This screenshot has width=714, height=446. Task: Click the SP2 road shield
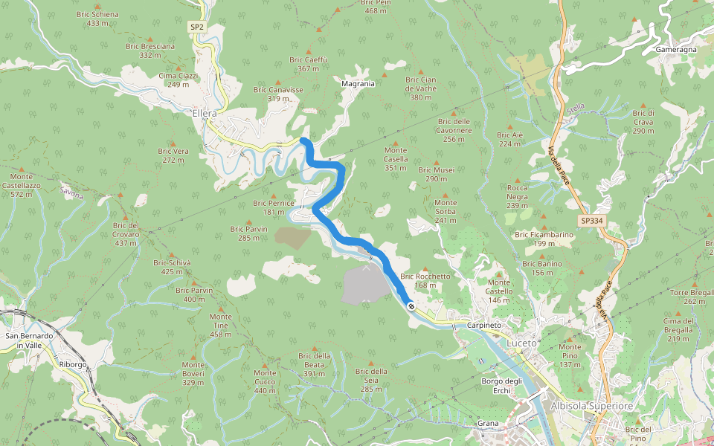196,27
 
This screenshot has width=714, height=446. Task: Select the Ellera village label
204,114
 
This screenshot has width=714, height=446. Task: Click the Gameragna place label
675,49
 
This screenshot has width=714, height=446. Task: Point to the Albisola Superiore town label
592,406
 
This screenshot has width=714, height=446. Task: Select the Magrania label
358,84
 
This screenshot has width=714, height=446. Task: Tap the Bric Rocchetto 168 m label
425,280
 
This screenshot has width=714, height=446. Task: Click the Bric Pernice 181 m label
274,207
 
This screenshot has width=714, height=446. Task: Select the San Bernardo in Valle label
29,340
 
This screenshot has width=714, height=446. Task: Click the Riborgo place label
73,365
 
